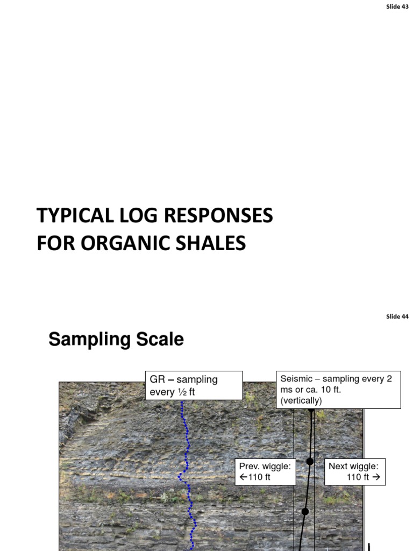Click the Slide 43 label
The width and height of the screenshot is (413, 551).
(397, 6)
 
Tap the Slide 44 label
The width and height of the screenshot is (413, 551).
(397, 316)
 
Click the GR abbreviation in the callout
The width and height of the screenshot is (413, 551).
(156, 379)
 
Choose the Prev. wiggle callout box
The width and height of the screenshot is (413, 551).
(266, 472)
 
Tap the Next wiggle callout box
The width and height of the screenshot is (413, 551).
(355, 472)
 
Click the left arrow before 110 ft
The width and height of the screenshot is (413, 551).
(243, 477)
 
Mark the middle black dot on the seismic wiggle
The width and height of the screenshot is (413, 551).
(310, 461)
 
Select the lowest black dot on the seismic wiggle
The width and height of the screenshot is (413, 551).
(305, 511)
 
